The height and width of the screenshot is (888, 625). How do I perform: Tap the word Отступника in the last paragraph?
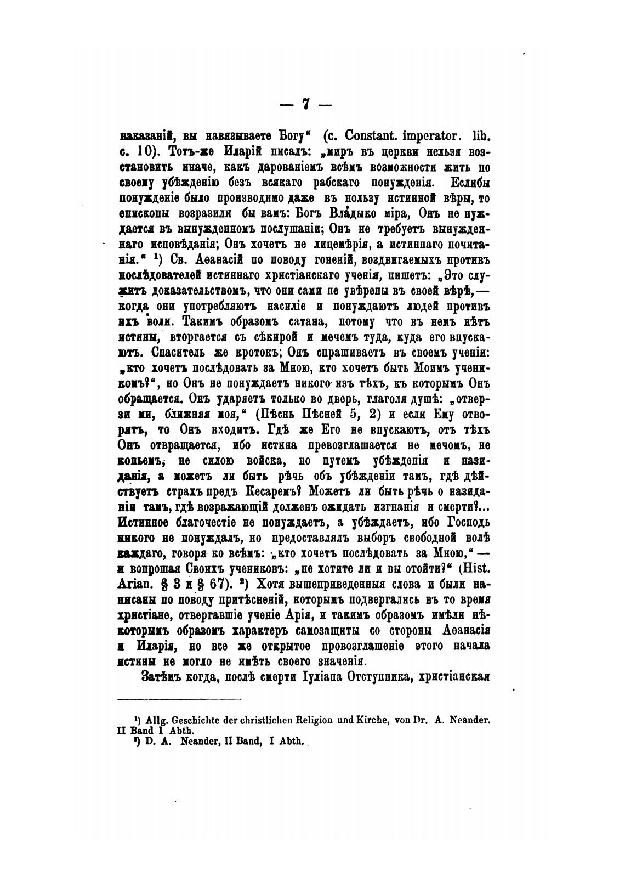378,676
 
